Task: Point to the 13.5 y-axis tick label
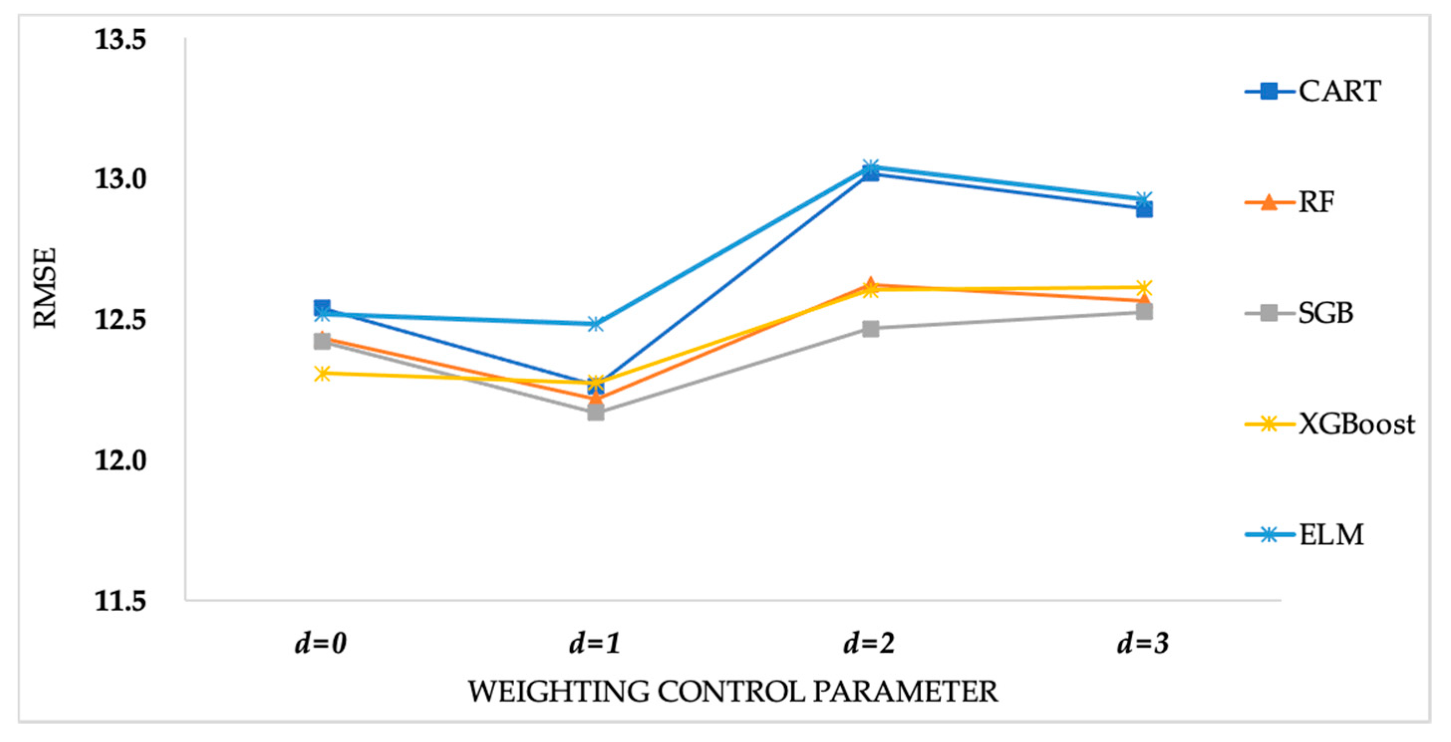pyautogui.click(x=120, y=39)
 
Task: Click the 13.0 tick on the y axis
pyautogui.click(x=120, y=179)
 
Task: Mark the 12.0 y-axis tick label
pyautogui.click(x=120, y=461)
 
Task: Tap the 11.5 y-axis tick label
pyautogui.click(x=120, y=601)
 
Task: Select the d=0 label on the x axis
pyautogui.click(x=320, y=642)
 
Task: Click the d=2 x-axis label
pyautogui.click(x=869, y=642)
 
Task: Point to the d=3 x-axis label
pyautogui.click(x=1144, y=642)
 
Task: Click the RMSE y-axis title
pyautogui.click(x=45, y=287)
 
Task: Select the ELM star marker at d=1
pyautogui.click(x=596, y=324)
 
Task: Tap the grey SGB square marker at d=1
pyautogui.click(x=596, y=413)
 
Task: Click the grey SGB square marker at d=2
pyautogui.click(x=871, y=329)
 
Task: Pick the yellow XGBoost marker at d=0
pyautogui.click(x=321, y=373)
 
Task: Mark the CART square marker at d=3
pyautogui.click(x=1144, y=210)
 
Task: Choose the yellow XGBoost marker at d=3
pyautogui.click(x=1144, y=288)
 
